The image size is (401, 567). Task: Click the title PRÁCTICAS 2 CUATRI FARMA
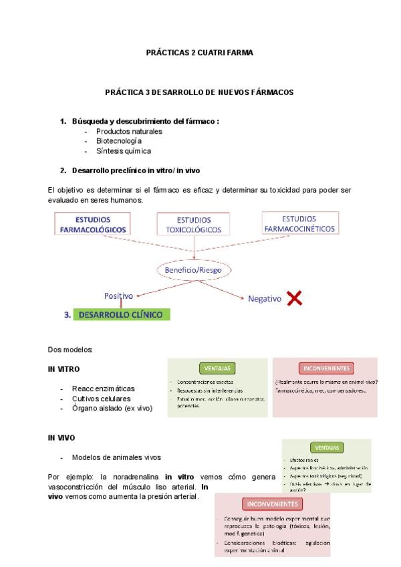pyautogui.click(x=199, y=52)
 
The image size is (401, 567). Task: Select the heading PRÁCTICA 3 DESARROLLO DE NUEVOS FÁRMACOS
pyautogui.click(x=199, y=92)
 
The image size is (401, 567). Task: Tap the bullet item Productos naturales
pyautogui.click(x=129, y=131)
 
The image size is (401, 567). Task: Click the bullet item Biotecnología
pyautogui.click(x=119, y=141)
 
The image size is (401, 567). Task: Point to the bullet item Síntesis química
pyautogui.click(x=124, y=151)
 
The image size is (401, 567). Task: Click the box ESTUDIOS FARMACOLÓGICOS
pyautogui.click(x=93, y=224)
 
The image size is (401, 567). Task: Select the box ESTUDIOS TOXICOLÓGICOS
pyautogui.click(x=193, y=225)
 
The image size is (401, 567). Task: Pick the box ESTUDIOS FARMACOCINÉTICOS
pyautogui.click(x=299, y=223)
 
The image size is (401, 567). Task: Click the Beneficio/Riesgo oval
pyautogui.click(x=194, y=269)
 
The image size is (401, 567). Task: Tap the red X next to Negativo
pyautogui.click(x=294, y=298)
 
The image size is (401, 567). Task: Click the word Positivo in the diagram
pyautogui.click(x=118, y=296)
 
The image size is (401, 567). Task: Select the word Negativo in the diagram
pyautogui.click(x=265, y=299)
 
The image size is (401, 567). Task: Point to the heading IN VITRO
pyautogui.click(x=63, y=369)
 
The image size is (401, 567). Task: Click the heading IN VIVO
pyautogui.click(x=61, y=438)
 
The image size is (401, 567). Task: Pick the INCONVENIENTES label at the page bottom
pyautogui.click(x=273, y=504)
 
